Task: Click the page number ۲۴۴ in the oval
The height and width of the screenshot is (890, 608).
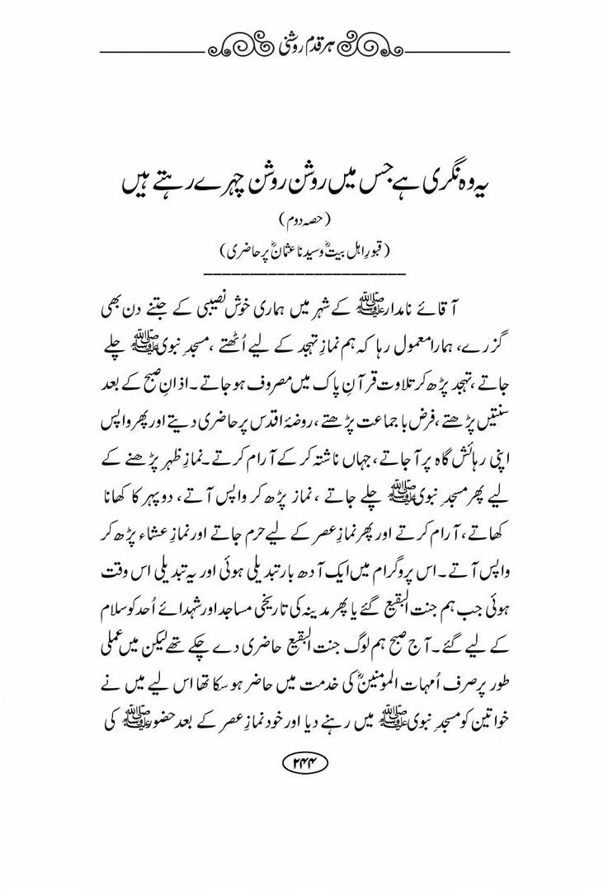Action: pyautogui.click(x=304, y=763)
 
